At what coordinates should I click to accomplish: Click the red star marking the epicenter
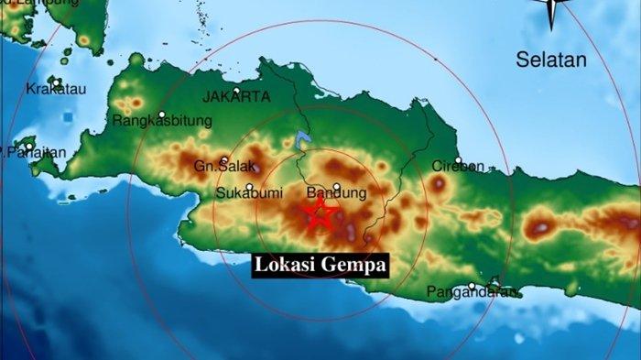point(320,214)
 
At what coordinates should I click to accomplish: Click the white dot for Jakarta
point(235,92)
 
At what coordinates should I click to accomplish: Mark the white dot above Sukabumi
point(249,186)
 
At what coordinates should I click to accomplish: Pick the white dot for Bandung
point(336,186)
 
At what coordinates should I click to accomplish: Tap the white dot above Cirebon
point(457,159)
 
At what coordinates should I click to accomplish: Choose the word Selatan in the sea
point(549,61)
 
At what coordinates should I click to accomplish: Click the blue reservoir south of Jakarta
point(302,140)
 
